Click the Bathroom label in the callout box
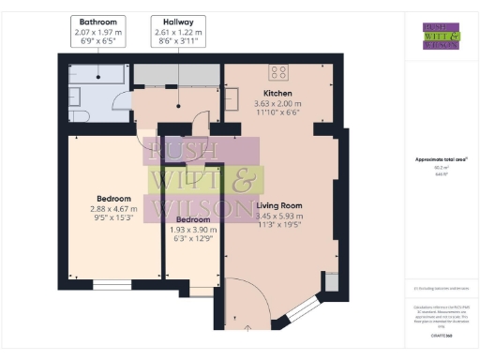pyautogui.click(x=97, y=21)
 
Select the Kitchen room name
pyautogui.click(x=278, y=94)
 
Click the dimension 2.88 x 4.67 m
pyautogui.click(x=113, y=209)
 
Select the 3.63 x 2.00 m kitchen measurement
pyautogui.click(x=278, y=103)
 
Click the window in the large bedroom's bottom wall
pyautogui.click(x=112, y=281)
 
